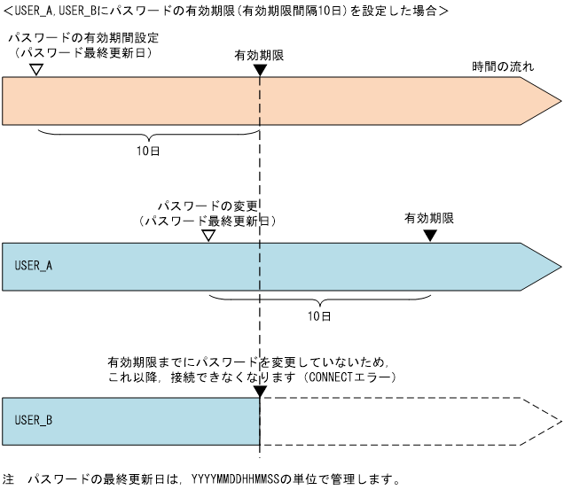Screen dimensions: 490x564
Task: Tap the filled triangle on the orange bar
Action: coord(259,69)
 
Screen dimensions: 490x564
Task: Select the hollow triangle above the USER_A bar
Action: coord(208,235)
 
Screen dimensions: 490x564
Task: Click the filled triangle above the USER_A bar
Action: coord(430,235)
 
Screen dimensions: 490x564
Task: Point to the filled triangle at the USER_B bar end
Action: coord(259,392)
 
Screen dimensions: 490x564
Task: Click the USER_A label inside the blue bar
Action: coord(34,265)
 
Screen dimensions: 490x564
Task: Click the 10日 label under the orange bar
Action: coord(148,152)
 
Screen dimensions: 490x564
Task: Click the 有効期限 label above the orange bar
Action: coord(258,54)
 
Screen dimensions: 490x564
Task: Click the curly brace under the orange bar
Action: coord(148,135)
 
